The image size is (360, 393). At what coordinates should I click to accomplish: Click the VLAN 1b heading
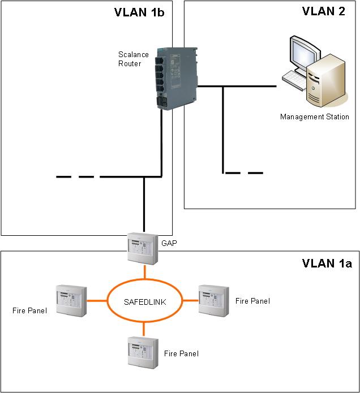[x=139, y=12]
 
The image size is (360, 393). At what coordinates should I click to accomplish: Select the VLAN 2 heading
[x=323, y=12]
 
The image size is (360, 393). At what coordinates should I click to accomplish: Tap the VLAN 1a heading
[x=327, y=263]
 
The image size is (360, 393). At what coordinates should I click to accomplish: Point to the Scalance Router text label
[x=134, y=59]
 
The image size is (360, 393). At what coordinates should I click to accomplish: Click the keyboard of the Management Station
[x=294, y=80]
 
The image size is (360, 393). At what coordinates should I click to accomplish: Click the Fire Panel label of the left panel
[x=29, y=310]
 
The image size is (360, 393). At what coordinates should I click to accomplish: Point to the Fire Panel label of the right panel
[x=252, y=301]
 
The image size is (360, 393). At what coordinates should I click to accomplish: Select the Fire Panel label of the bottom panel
[x=181, y=353]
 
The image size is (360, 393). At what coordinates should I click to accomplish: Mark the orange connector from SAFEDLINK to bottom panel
[x=144, y=329]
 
